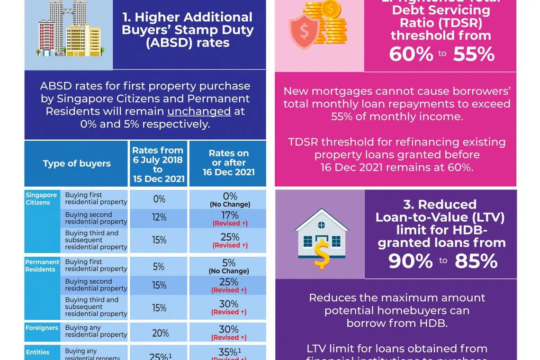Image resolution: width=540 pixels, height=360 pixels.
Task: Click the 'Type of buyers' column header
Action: point(76,163)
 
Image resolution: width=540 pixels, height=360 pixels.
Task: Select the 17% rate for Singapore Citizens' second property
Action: point(229,216)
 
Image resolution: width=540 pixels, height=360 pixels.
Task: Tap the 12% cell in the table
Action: point(159,217)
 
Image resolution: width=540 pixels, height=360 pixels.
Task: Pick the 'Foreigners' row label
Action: point(42,328)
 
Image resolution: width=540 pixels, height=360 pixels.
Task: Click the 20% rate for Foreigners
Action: point(160,333)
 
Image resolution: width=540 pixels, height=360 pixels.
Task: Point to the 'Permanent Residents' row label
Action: point(42,266)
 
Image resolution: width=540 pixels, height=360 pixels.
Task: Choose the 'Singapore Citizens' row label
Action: point(41,198)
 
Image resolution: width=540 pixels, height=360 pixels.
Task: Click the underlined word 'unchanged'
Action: point(199,111)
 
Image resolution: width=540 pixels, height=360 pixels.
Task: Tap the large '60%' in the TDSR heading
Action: point(411,54)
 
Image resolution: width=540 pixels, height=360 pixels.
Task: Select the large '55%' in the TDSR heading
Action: point(474,54)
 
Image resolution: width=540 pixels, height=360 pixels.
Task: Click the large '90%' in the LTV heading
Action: point(410,261)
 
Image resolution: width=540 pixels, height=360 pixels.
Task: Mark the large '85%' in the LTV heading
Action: point(476,261)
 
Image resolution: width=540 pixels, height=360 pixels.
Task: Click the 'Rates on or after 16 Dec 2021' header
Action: point(228,163)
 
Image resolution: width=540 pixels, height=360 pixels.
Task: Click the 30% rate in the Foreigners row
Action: point(229,329)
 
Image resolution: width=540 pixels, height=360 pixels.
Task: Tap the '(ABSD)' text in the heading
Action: point(187,43)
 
